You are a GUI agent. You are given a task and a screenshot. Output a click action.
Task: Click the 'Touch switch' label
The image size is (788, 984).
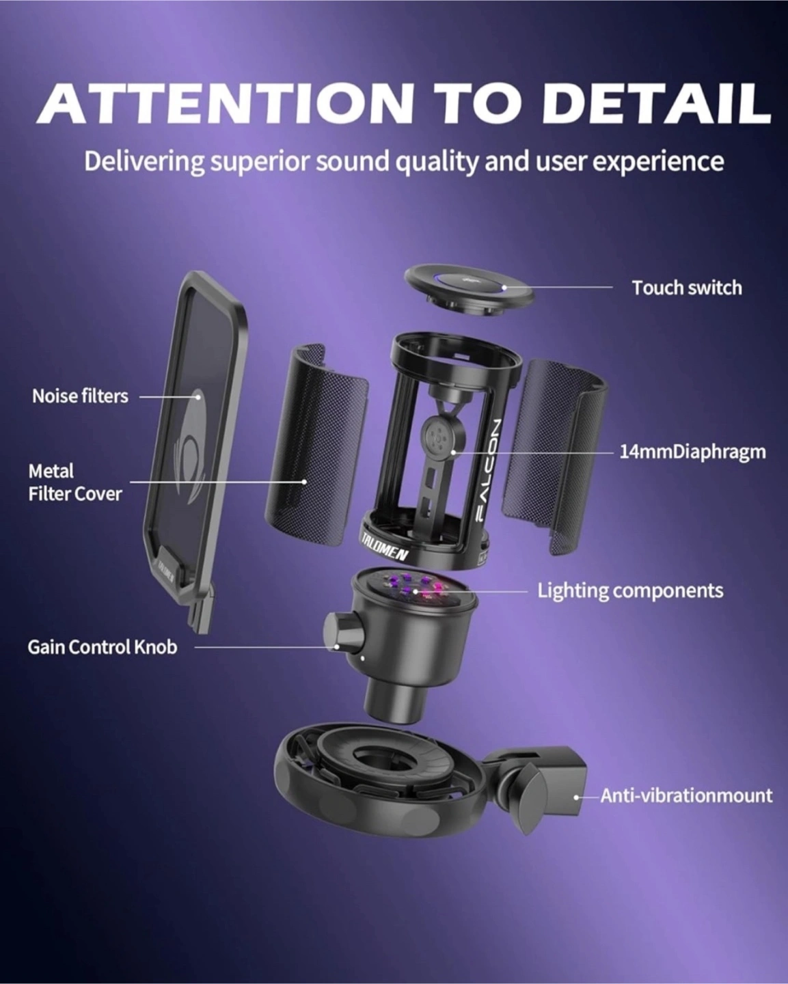click(x=687, y=288)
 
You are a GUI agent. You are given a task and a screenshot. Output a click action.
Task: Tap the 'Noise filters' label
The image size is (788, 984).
click(x=80, y=396)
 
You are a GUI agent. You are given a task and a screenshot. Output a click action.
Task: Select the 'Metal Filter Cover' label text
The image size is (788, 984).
click(x=75, y=482)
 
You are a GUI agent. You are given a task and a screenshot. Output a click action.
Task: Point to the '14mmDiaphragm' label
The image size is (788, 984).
click(x=692, y=452)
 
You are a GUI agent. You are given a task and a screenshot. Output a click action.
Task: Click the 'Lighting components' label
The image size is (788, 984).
click(x=630, y=591)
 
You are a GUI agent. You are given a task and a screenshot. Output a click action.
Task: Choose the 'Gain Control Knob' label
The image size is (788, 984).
click(x=102, y=647)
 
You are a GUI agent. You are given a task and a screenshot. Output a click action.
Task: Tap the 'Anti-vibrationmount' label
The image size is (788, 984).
click(x=686, y=795)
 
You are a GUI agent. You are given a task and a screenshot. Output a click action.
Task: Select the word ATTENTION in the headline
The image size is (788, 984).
click(x=225, y=103)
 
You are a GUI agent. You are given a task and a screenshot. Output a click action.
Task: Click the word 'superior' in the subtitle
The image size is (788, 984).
click(x=260, y=161)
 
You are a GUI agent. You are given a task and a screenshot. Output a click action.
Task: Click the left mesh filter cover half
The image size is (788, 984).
click(x=316, y=446)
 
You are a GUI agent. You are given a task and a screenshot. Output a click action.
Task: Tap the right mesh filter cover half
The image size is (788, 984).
click(x=554, y=457)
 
